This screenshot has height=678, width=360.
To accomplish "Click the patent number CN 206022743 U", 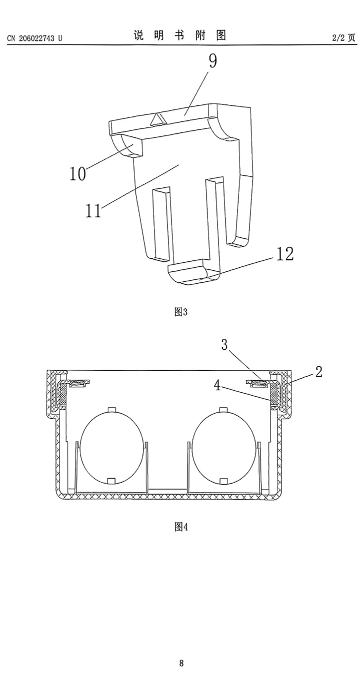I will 35,38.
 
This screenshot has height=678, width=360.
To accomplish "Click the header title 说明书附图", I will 180,35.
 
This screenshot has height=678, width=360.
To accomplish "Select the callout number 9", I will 213,62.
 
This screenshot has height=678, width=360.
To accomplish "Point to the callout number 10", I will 78,174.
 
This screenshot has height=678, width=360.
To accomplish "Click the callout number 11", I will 93,210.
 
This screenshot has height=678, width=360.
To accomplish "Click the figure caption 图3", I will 180,312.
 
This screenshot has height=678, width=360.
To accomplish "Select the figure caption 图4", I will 180,527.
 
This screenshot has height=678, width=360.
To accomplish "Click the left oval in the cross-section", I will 112,446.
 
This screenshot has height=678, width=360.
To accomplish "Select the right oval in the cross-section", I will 223,446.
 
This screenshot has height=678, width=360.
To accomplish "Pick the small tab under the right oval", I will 223,481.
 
